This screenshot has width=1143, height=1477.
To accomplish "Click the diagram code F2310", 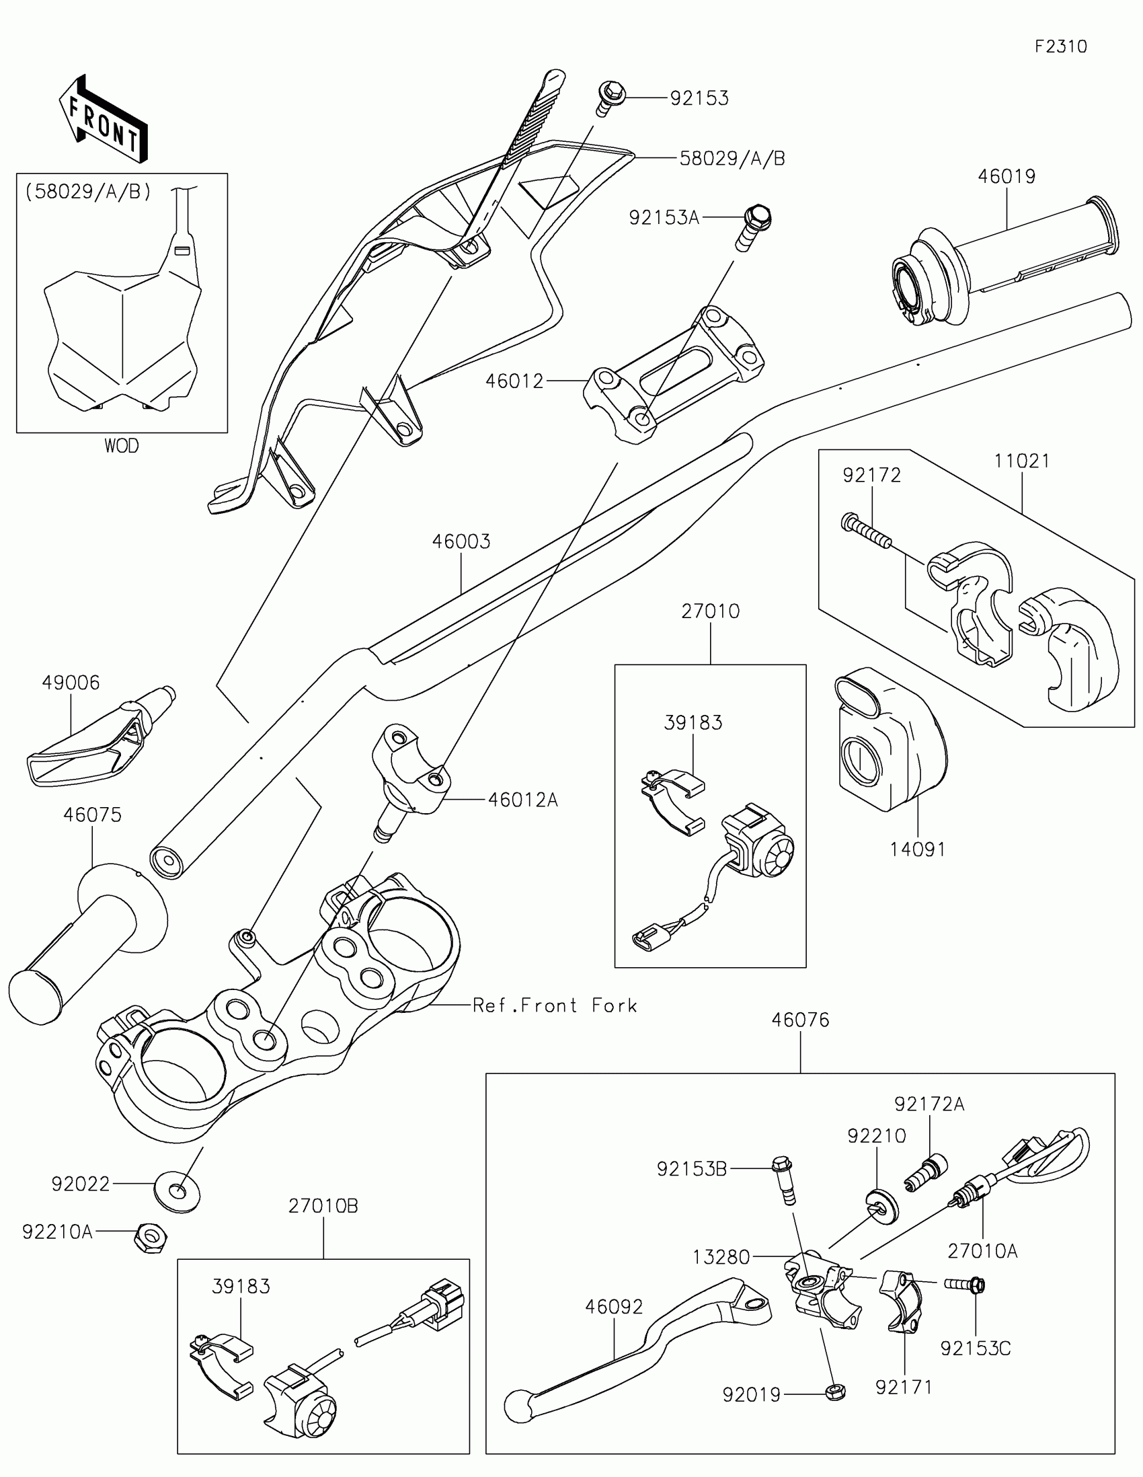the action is coord(1060,46).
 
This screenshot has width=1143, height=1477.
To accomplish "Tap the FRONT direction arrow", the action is coord(104,119).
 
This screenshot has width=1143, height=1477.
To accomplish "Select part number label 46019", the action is coord(1007,176).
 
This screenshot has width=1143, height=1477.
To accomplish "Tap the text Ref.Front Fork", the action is coord(554,1024).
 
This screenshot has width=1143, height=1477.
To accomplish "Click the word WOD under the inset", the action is coord(122,446).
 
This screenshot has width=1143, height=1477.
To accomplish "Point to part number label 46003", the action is coord(461,541).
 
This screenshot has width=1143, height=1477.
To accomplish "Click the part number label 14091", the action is coord(918,849).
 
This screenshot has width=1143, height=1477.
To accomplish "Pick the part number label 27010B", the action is coord(323,1206).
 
